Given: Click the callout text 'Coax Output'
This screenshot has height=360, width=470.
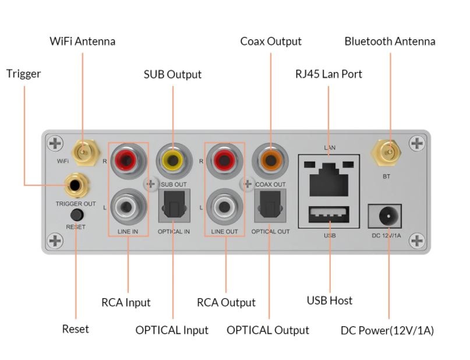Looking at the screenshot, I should [271, 41].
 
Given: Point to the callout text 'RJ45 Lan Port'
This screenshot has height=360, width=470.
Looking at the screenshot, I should [328, 74].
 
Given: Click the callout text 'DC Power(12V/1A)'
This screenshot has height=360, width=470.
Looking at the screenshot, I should [387, 330].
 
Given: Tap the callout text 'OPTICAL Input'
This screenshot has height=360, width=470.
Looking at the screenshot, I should [172, 330].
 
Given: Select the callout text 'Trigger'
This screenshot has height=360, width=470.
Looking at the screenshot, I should [23, 74].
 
